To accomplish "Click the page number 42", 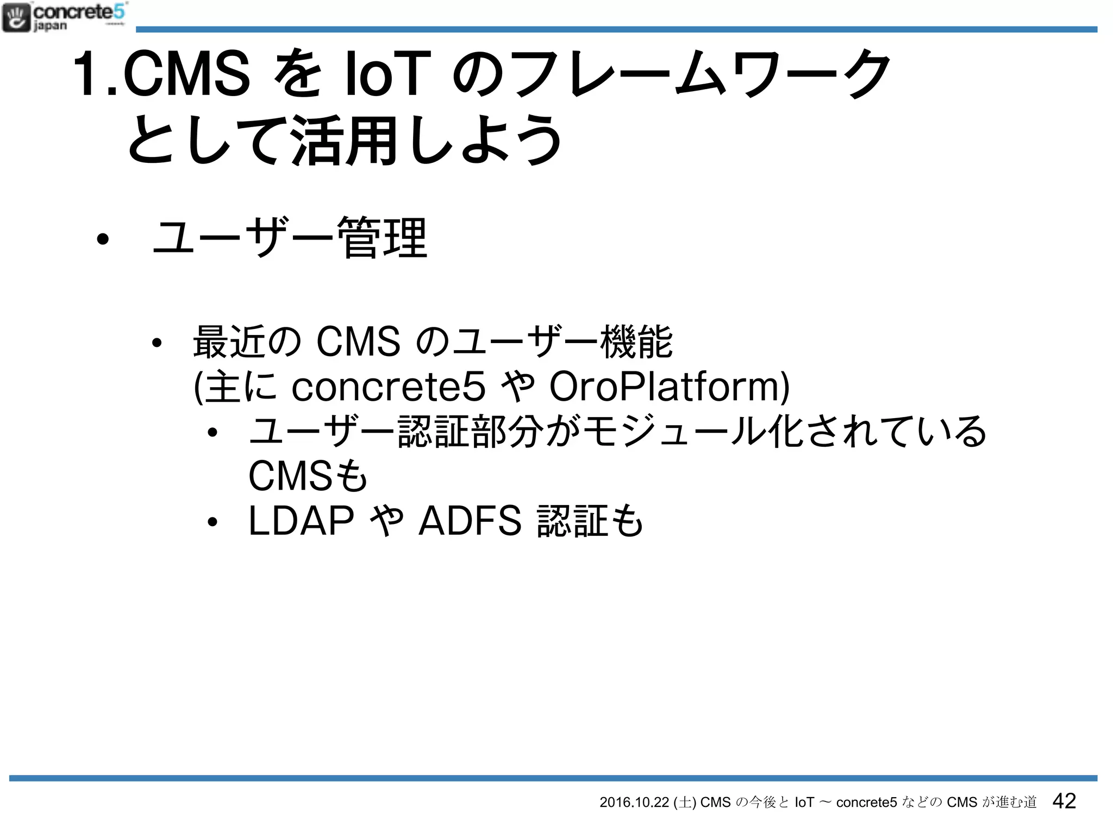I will (x=1064, y=801).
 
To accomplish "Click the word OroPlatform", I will (x=669, y=387).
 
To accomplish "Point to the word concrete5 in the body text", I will (x=388, y=387).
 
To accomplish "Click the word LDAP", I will (x=301, y=521).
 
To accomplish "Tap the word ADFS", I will (x=470, y=521).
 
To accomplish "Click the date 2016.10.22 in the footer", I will (x=634, y=803).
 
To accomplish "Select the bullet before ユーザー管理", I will (x=102, y=239).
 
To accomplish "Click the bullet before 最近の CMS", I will (x=157, y=343).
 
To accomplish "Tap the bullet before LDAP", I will (x=212, y=522).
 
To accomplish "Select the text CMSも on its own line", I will (x=308, y=476).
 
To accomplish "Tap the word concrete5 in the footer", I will (x=866, y=803).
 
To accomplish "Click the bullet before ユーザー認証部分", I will (x=212, y=433).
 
